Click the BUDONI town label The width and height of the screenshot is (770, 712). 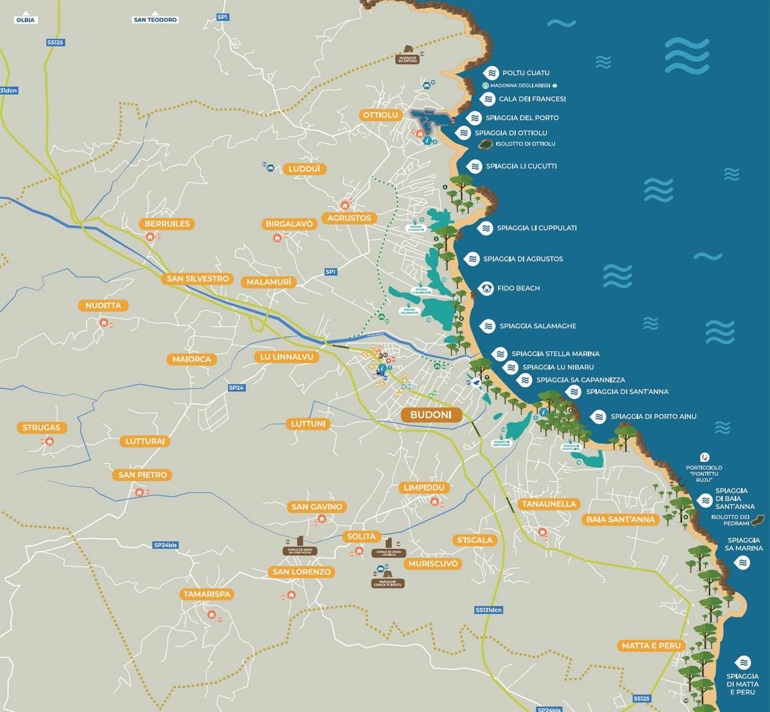tap(431, 415)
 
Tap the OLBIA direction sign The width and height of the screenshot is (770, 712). tap(25, 20)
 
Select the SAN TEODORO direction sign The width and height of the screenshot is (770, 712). tap(155, 20)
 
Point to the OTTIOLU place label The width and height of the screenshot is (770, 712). tap(381, 115)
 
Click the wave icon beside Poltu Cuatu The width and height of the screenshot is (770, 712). tap(492, 73)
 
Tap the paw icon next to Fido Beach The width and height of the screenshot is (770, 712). tap(486, 289)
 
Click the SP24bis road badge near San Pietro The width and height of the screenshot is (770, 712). tap(165, 545)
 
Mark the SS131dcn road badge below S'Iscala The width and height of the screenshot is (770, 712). tap(488, 610)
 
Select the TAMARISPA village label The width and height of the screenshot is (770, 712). tap(207, 595)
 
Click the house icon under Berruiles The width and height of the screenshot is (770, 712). tap(151, 237)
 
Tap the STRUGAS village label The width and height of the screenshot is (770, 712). tap(41, 428)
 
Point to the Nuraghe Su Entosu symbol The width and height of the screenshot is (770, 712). tap(408, 51)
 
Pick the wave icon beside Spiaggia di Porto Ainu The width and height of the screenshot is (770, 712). tap(599, 417)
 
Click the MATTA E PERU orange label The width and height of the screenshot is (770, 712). tap(651, 646)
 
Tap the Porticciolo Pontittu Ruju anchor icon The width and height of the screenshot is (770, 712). tap(705, 457)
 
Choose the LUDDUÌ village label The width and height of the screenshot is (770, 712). tap(304, 169)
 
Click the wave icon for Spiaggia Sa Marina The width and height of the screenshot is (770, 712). tap(742, 563)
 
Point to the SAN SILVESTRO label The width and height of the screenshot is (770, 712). tap(198, 279)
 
